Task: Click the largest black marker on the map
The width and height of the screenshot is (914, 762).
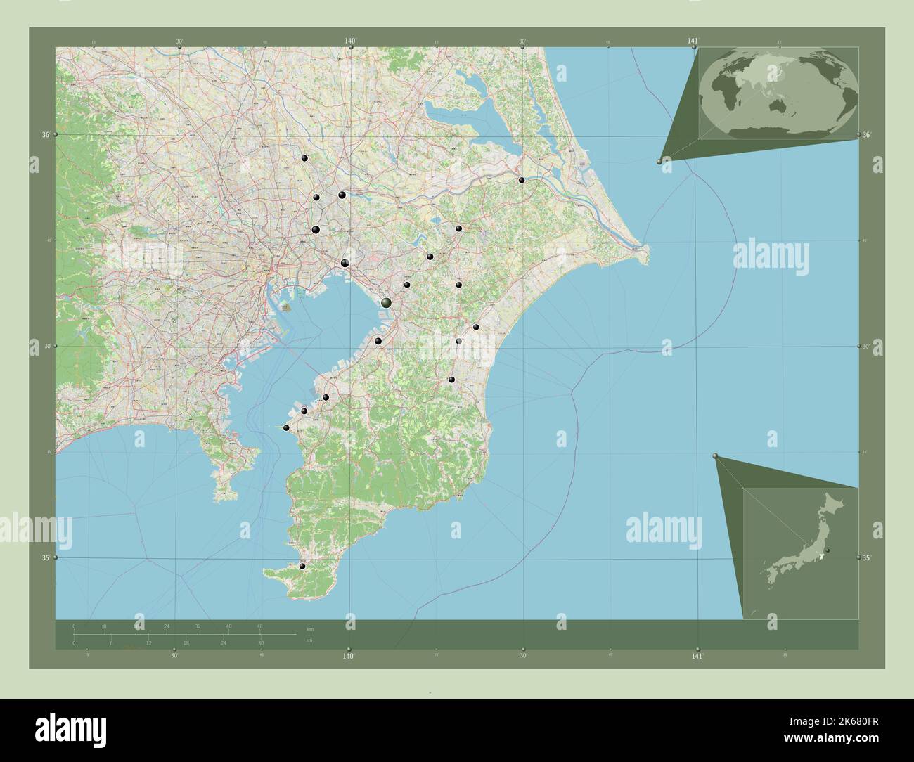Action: [386, 302]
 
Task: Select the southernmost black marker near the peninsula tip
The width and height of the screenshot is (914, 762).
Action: [302, 566]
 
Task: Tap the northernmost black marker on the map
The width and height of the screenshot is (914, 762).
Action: [305, 159]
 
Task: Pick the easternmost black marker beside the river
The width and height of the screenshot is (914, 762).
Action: [522, 181]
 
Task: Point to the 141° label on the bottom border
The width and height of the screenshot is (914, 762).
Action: [697, 656]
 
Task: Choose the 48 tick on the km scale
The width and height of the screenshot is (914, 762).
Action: [260, 626]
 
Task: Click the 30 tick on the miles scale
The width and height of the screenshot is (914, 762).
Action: [261, 642]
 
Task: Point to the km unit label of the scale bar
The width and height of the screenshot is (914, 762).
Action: [310, 628]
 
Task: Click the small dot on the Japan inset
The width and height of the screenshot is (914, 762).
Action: [828, 550]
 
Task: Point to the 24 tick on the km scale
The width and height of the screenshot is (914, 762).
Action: [167, 626]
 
